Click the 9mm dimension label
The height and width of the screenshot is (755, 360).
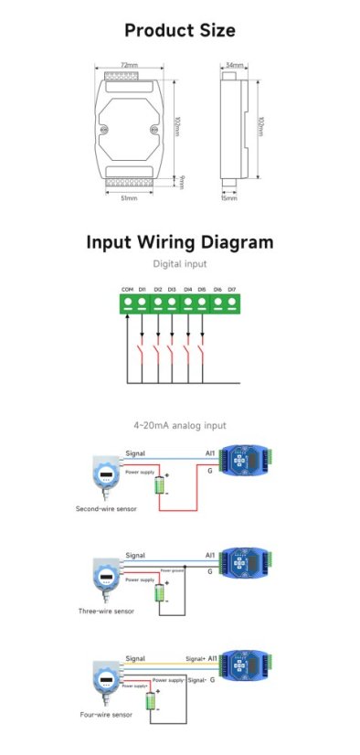[183, 180]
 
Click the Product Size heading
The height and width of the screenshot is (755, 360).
[179, 30]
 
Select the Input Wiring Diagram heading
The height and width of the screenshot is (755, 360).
[179, 242]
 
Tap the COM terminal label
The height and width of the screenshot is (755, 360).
[127, 290]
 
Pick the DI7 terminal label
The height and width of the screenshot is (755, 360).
[232, 290]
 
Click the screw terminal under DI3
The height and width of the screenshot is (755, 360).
[172, 302]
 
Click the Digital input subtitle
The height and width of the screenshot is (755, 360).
[179, 264]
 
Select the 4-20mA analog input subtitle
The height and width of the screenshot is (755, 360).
[179, 425]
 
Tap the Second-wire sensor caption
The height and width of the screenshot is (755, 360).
[106, 508]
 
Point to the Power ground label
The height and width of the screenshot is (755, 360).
[173, 570]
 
